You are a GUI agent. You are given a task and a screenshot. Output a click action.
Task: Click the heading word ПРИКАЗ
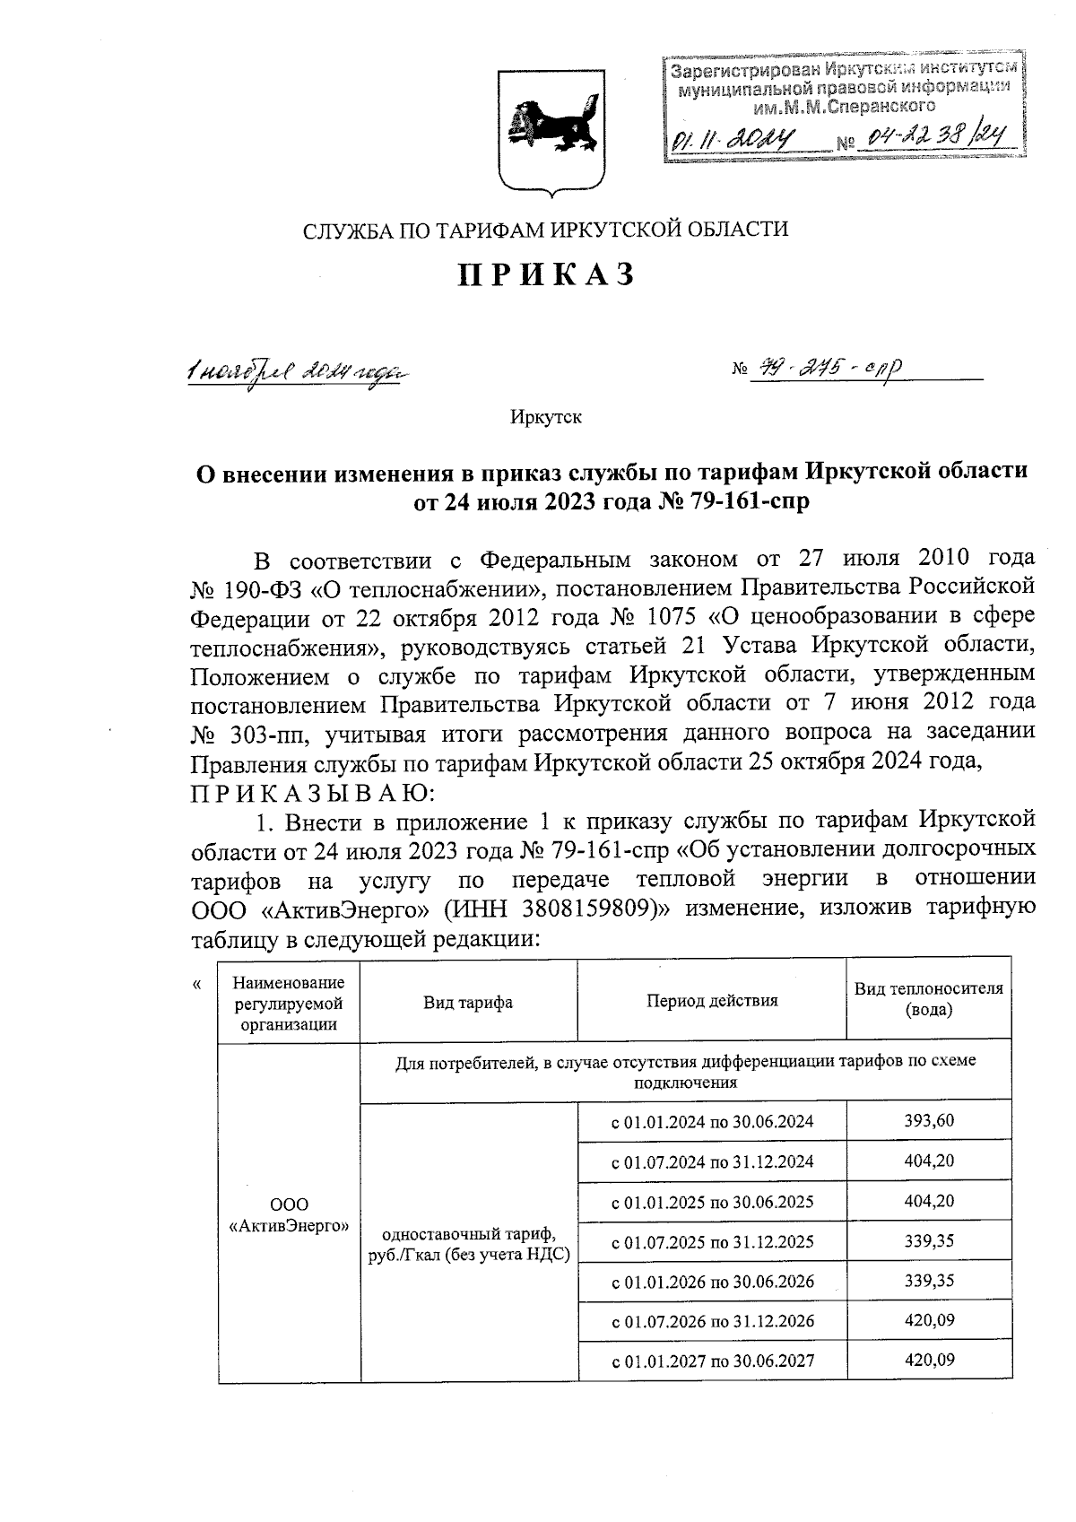coord(547,274)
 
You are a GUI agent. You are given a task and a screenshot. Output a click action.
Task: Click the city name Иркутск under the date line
coord(546,417)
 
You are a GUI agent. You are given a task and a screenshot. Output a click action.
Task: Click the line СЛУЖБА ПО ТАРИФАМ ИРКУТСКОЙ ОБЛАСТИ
coord(545,230)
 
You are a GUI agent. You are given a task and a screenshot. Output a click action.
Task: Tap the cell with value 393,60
coord(929,1120)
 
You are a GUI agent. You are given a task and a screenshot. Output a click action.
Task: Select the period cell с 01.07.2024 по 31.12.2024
coord(712,1161)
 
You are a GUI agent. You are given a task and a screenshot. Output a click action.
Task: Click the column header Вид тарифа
coord(468,1002)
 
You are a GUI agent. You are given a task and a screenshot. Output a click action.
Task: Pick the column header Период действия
coord(712,1000)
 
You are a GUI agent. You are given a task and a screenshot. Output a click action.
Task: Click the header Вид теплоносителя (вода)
coord(929,998)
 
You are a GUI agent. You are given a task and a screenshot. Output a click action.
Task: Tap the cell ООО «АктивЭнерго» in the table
coord(289,1215)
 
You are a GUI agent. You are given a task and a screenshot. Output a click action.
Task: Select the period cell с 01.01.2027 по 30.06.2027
coord(712,1361)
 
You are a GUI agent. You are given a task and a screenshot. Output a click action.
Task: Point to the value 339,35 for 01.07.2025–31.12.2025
coord(929,1240)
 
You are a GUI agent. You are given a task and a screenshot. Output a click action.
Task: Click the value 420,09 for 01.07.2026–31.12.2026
coord(929,1319)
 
